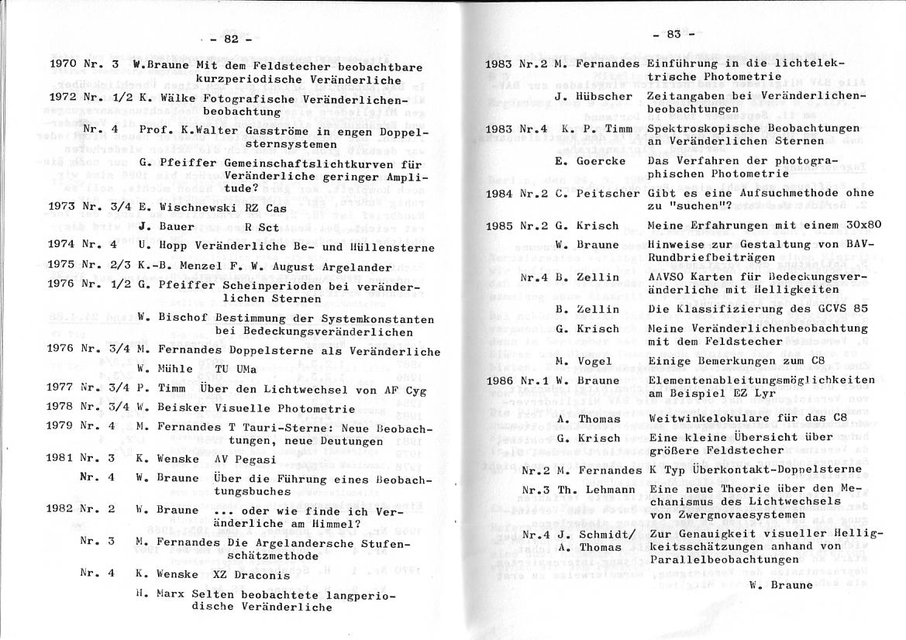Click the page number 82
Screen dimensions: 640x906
click(230, 39)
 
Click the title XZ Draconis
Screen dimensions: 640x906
click(251, 575)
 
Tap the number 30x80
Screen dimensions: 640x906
click(842, 225)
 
